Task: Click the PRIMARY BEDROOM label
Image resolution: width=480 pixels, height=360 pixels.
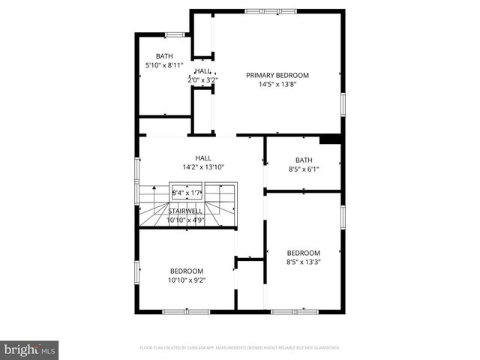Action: pyautogui.click(x=277, y=75)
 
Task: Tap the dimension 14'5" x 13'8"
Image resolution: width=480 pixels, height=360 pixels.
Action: pyautogui.click(x=277, y=85)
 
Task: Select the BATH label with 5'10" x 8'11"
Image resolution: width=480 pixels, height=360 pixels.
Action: pyautogui.click(x=164, y=56)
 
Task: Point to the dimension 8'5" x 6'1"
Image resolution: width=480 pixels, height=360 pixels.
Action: pyautogui.click(x=303, y=169)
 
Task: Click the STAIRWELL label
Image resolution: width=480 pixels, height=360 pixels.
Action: pyautogui.click(x=184, y=211)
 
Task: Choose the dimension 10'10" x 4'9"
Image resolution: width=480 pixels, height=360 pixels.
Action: pyautogui.click(x=184, y=220)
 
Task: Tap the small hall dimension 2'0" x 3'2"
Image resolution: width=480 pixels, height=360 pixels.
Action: pyautogui.click(x=202, y=79)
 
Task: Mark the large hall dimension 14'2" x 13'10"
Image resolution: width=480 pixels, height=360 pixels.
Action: pyautogui.click(x=202, y=167)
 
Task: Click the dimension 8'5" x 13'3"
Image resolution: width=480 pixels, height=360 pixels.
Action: pyautogui.click(x=303, y=262)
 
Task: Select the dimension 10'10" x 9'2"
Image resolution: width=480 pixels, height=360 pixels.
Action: pyautogui.click(x=187, y=280)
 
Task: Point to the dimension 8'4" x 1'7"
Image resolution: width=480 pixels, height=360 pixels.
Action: pyautogui.click(x=187, y=193)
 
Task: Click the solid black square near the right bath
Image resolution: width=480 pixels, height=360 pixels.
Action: pyautogui.click(x=330, y=139)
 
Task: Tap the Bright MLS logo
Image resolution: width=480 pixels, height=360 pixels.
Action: pyautogui.click(x=30, y=349)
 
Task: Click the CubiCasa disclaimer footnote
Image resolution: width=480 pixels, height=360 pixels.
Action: pyautogui.click(x=240, y=348)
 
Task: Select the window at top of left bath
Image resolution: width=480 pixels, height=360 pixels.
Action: pyautogui.click(x=175, y=34)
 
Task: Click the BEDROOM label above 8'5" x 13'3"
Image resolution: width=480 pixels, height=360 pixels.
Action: pyautogui.click(x=303, y=253)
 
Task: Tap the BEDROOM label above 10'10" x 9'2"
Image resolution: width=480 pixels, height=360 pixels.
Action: pyautogui.click(x=187, y=271)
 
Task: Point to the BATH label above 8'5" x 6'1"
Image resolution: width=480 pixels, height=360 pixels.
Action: pyautogui.click(x=303, y=160)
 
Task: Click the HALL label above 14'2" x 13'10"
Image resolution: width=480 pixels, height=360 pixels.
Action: pyautogui.click(x=202, y=157)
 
